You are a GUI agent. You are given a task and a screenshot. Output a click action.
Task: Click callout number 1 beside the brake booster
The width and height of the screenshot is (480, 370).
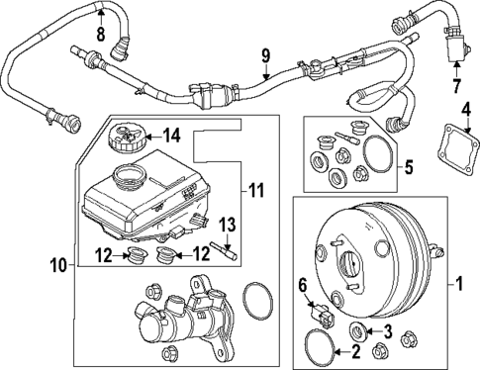click(x=456, y=286)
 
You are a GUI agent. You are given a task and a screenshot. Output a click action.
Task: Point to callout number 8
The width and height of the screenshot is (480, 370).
click(x=100, y=37)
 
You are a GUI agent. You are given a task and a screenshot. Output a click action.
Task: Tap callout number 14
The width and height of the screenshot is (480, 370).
click(x=171, y=134)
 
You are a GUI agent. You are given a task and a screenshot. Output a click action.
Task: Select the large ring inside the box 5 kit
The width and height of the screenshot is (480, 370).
click(x=376, y=156)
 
